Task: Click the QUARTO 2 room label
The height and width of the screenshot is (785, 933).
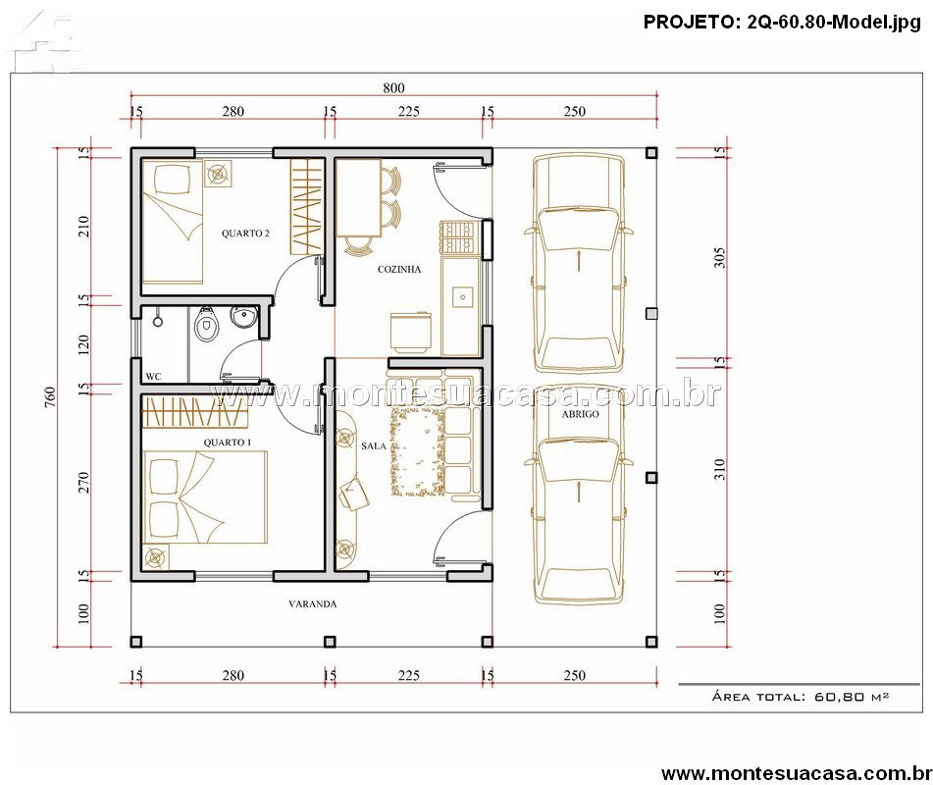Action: click(x=245, y=234)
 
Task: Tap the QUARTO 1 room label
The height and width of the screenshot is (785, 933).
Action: click(x=227, y=443)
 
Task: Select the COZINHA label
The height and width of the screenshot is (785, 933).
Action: click(x=399, y=269)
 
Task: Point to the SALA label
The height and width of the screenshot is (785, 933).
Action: click(x=374, y=445)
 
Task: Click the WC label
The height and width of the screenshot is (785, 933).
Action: click(x=153, y=376)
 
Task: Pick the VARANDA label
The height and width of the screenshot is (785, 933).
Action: click(x=312, y=603)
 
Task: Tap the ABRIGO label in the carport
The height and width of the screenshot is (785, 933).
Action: click(x=580, y=414)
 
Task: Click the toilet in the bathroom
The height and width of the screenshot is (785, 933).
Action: click(x=206, y=323)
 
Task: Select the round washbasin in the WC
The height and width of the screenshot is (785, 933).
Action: click(x=242, y=317)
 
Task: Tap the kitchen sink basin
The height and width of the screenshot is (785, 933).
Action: click(x=462, y=295)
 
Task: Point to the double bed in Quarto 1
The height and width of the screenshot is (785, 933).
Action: click(x=205, y=497)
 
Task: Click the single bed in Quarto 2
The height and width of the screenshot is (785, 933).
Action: click(x=173, y=221)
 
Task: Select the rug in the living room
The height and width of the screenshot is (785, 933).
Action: click(x=417, y=451)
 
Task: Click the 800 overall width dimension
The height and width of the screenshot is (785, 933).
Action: click(x=393, y=88)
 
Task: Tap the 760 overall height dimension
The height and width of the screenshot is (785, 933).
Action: click(x=50, y=397)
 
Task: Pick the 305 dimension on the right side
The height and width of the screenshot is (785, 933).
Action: click(x=719, y=258)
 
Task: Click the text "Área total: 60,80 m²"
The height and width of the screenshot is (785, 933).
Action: click(x=801, y=697)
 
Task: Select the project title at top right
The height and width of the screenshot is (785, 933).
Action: click(x=782, y=22)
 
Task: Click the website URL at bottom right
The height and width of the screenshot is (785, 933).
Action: click(x=797, y=772)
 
